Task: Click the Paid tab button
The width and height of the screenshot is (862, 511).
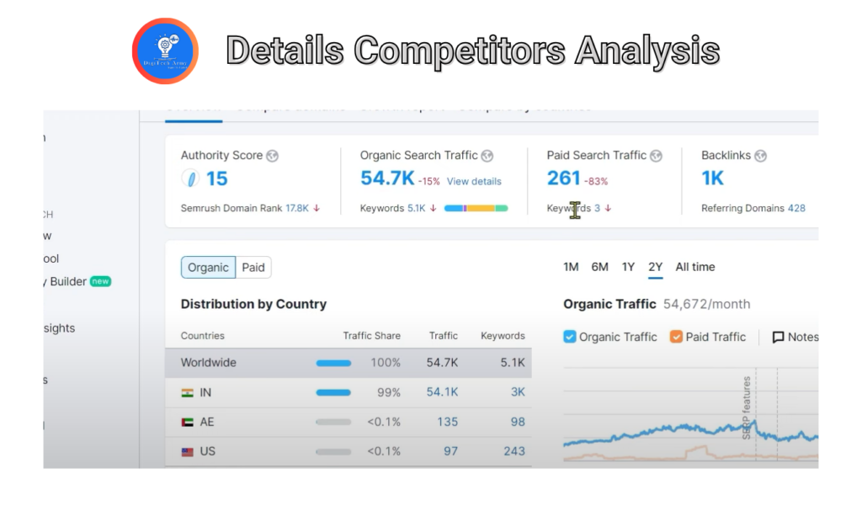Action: (253, 268)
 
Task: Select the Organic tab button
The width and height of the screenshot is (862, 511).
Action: (208, 268)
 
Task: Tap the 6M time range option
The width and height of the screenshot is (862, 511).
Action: (599, 267)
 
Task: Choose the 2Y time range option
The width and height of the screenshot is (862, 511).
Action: (656, 267)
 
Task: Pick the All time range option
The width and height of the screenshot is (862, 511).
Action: (695, 267)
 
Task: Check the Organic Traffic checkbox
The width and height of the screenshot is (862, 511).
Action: (570, 337)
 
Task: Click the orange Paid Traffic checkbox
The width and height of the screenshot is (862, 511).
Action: (676, 337)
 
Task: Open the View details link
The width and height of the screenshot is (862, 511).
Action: (474, 181)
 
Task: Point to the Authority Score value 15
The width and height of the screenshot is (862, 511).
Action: (216, 178)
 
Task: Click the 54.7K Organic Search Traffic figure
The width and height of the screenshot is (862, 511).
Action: (386, 178)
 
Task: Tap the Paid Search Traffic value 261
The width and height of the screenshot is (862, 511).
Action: (563, 178)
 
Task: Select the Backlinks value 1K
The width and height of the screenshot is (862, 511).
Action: (712, 178)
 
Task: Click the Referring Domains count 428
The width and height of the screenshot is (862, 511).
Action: (796, 208)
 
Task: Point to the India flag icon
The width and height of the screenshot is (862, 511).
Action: (187, 392)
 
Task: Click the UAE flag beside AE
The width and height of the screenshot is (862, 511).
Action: (187, 422)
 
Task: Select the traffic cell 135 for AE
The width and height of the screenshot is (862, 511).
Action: (448, 422)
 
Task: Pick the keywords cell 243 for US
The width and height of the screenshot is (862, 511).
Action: (513, 451)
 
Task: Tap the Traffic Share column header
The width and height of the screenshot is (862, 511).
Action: (371, 336)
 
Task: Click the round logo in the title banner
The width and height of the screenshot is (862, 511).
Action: (165, 51)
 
